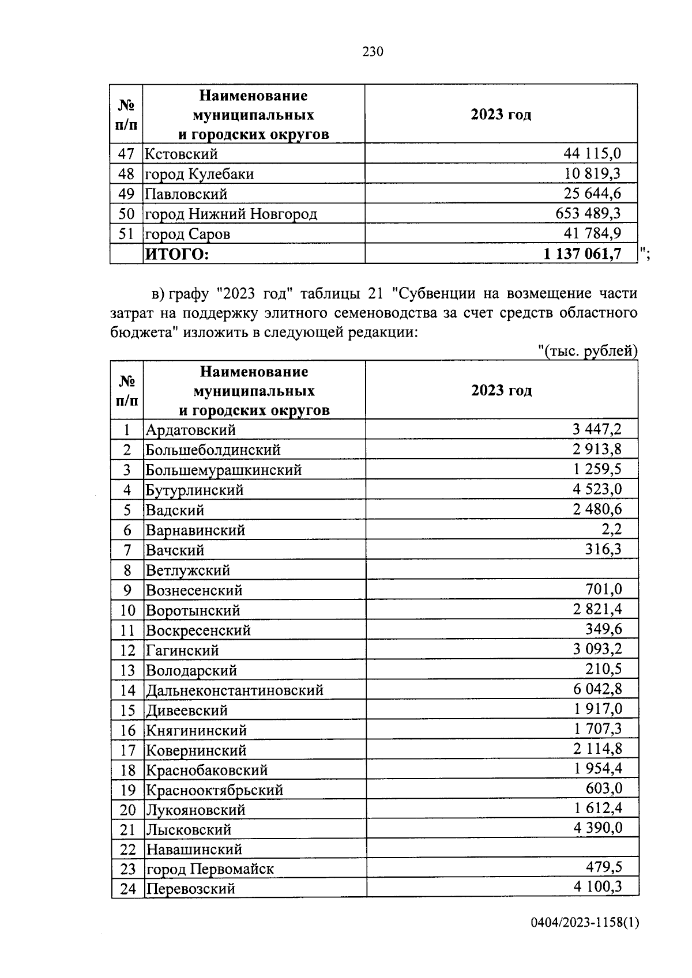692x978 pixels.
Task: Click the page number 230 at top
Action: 373,52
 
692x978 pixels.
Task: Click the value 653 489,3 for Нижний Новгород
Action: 588,214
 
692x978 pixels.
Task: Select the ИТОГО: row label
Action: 176,254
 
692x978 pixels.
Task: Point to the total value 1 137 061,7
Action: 582,254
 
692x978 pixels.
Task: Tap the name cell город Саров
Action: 187,234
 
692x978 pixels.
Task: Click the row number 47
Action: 126,154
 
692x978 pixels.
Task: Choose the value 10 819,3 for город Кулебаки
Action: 592,174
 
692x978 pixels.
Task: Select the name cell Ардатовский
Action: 191,430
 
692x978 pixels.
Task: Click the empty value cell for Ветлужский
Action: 502,570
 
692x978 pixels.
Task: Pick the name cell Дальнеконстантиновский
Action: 235,690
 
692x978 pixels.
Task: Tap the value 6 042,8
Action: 597,689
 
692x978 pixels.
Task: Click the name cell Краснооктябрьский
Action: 215,790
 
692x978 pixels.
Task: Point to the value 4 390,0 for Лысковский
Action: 597,829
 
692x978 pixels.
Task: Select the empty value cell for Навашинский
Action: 502,849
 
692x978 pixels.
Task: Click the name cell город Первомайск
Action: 209,869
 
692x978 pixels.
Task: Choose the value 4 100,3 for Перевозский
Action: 597,888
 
